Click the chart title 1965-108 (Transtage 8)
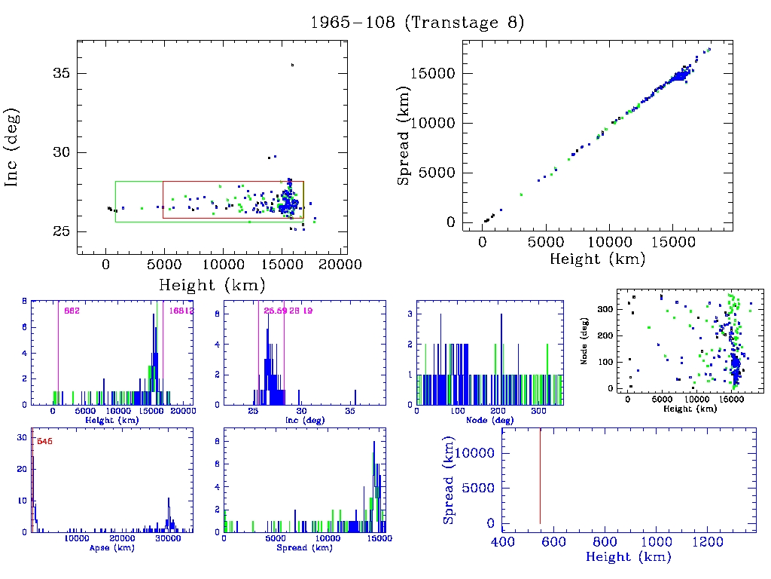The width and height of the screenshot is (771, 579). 417,23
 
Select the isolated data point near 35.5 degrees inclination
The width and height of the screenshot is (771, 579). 292,65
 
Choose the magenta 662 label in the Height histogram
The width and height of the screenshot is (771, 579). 72,311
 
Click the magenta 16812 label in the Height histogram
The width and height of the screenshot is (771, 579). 181,311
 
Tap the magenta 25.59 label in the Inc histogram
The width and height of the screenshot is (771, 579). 274,311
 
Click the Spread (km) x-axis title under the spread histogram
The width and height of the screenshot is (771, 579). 304,547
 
